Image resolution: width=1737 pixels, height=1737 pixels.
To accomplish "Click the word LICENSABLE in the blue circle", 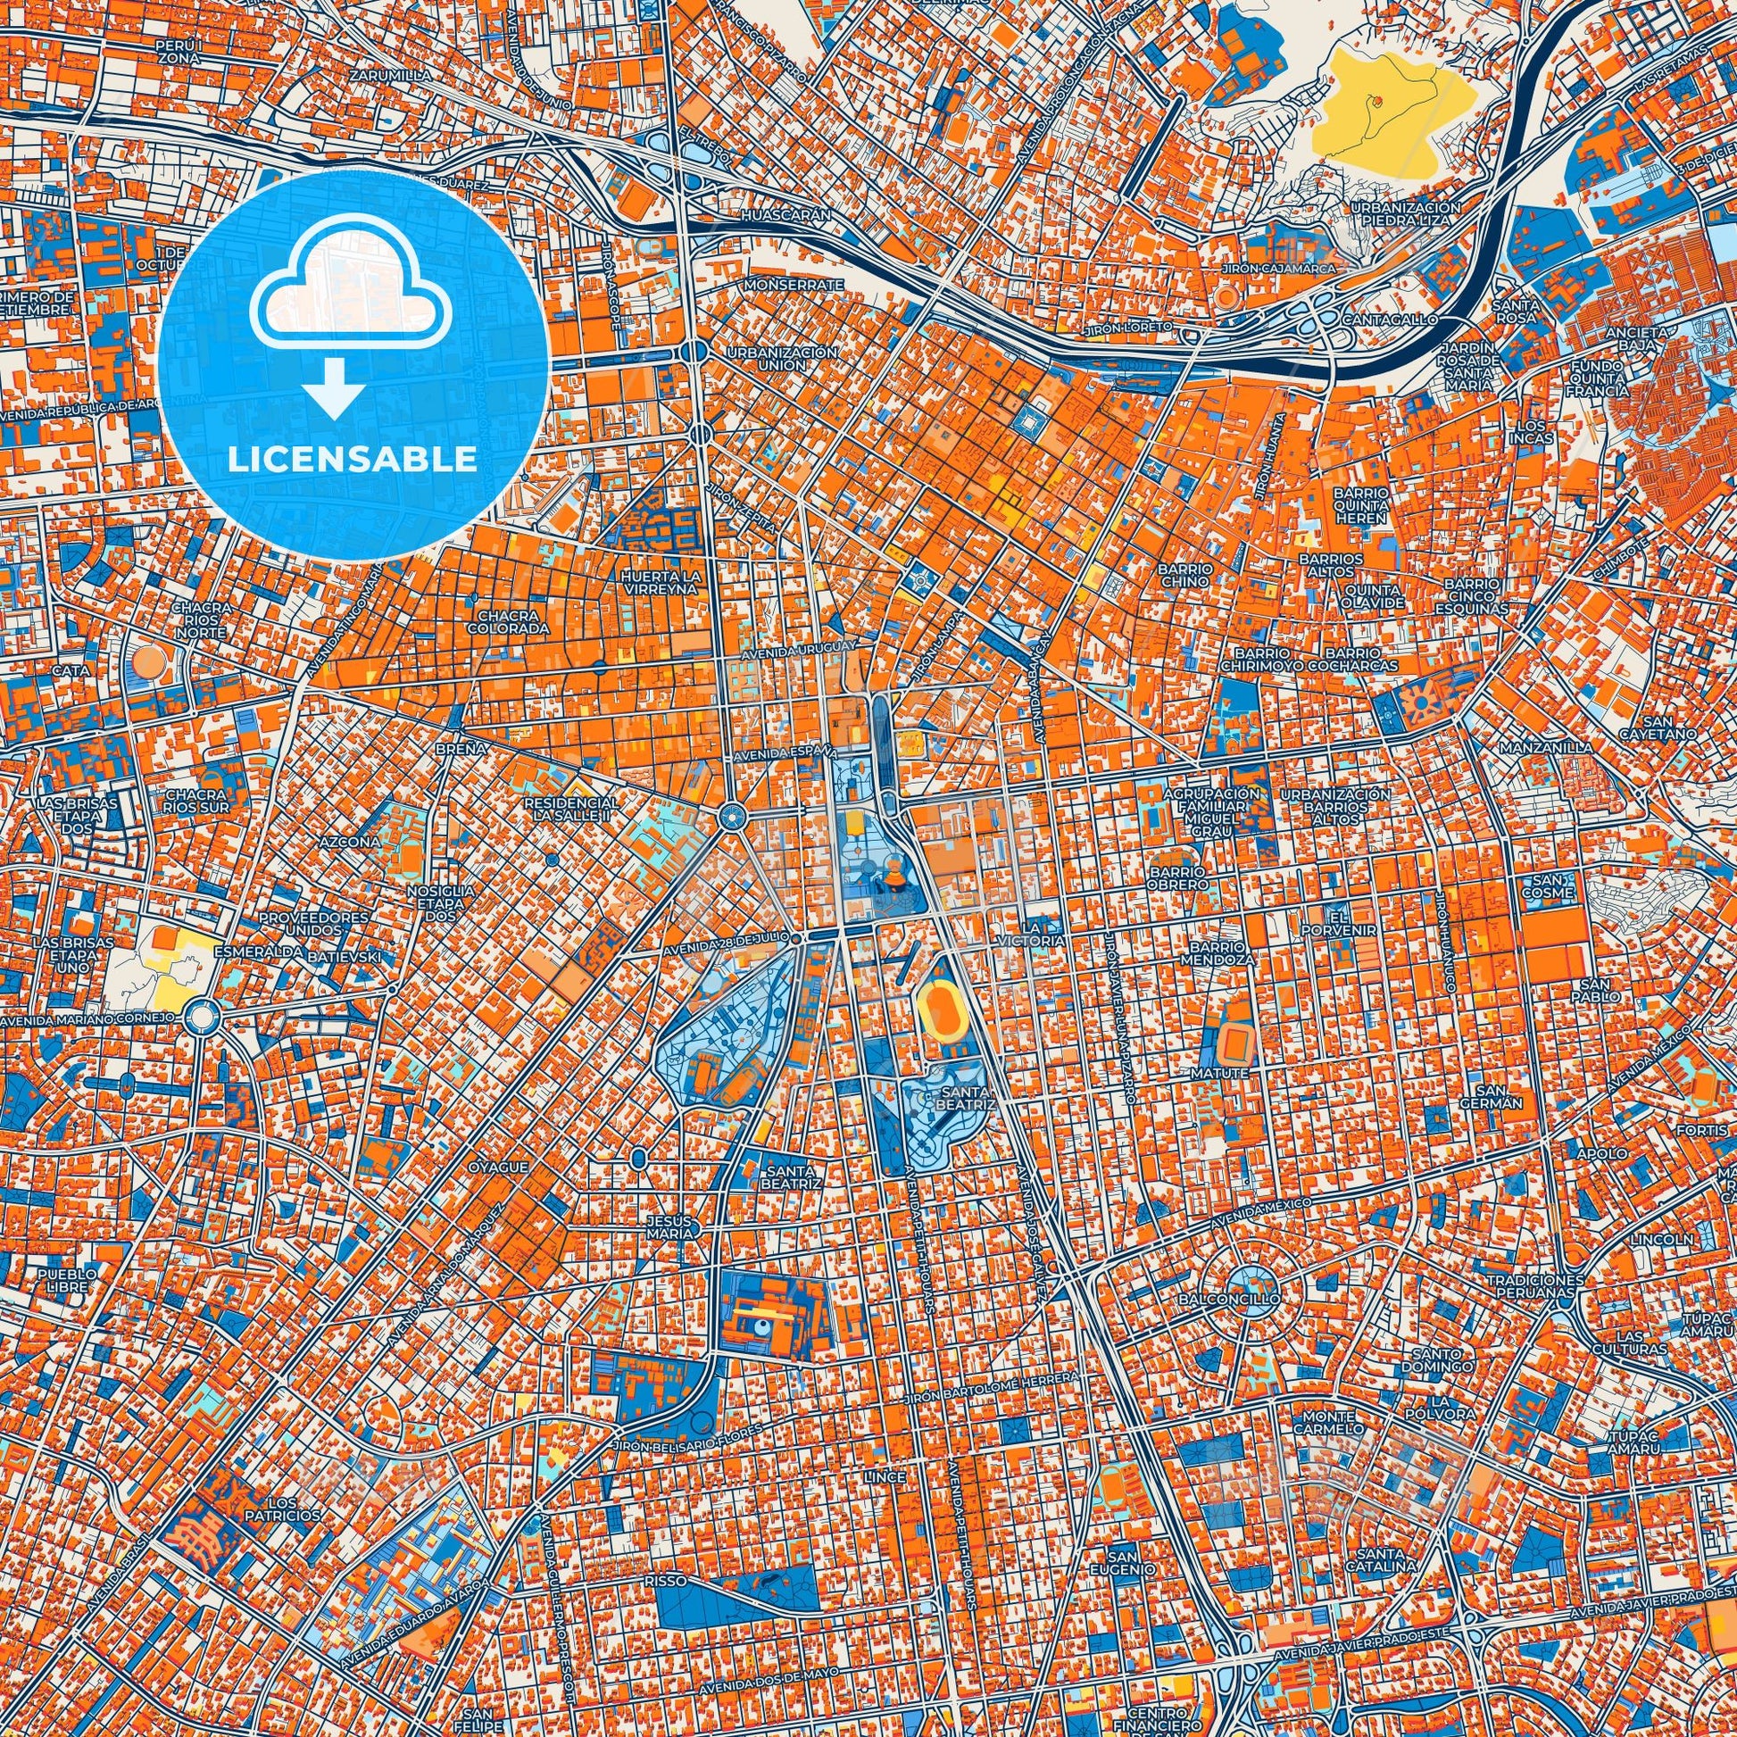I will click(353, 459).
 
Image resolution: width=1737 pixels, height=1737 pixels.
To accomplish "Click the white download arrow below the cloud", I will click(334, 386).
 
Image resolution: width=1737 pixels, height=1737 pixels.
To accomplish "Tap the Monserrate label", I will click(794, 284).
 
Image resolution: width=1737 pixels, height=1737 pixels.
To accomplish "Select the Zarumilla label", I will click(391, 76).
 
